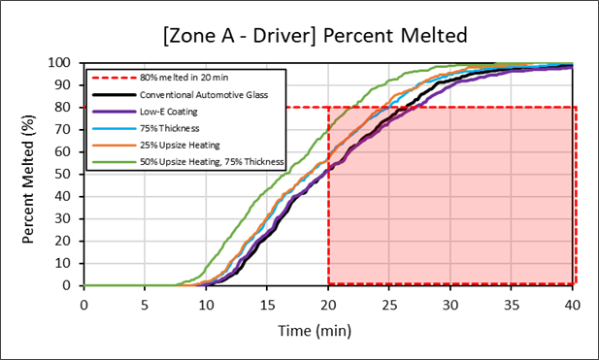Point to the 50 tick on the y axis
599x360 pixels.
point(69,175)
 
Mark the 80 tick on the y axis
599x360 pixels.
point(69,108)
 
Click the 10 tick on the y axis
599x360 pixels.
point(69,264)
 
